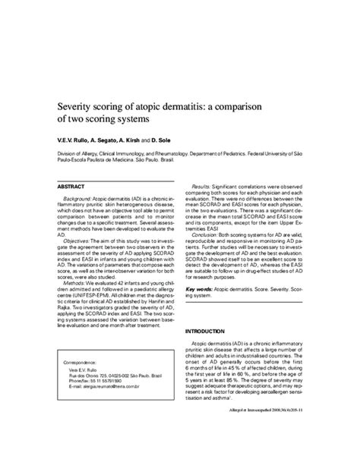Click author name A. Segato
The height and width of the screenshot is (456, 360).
point(118,140)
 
